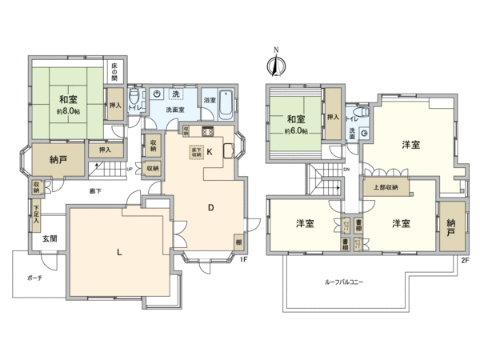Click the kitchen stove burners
pyautogui.click(x=208, y=132)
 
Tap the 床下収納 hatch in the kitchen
pyautogui.click(x=194, y=150)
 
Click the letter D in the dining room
pyautogui.click(x=210, y=208)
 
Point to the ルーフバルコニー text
pyautogui.click(x=346, y=282)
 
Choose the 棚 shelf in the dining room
pyautogui.click(x=238, y=241)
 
